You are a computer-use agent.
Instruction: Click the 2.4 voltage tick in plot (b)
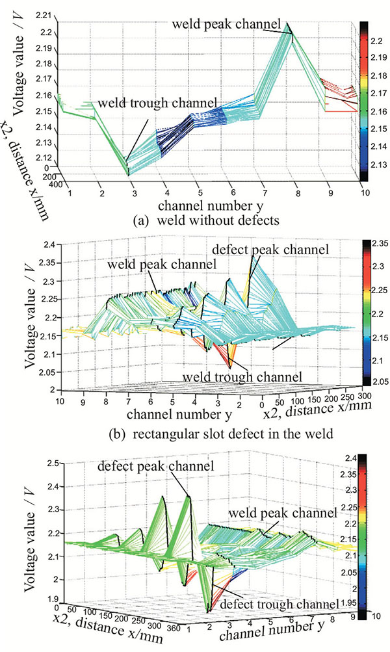[48, 245]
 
